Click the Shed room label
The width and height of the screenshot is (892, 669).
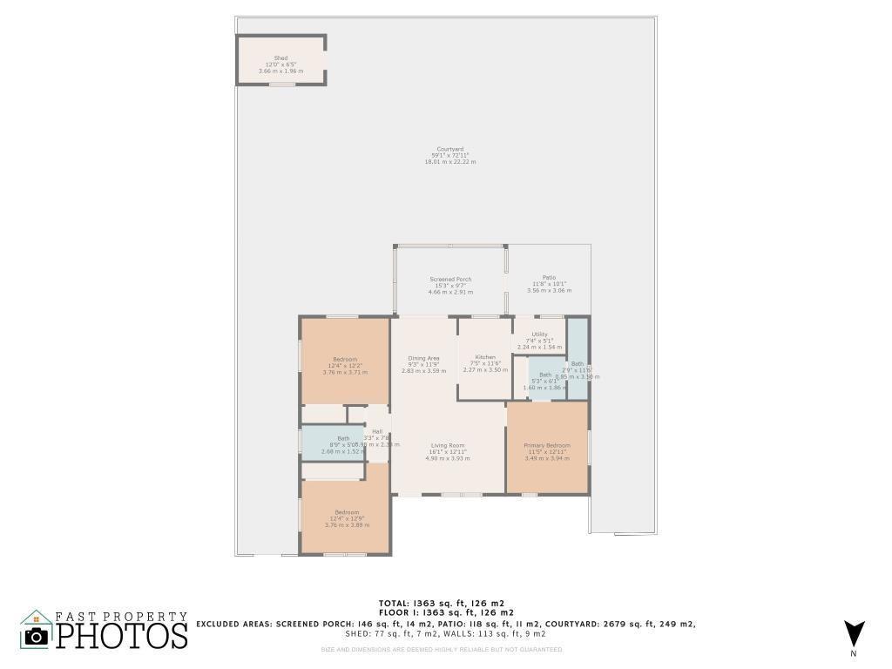click(x=280, y=58)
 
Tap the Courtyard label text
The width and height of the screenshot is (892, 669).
click(x=449, y=149)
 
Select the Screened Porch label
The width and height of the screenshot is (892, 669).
click(x=450, y=280)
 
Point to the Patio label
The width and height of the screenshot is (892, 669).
click(x=549, y=277)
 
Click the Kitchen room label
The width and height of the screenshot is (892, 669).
click(x=485, y=357)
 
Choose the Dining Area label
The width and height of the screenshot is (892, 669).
click(x=423, y=358)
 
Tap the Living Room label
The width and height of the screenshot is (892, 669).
click(x=448, y=445)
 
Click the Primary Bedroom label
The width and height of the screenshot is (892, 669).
click(x=546, y=445)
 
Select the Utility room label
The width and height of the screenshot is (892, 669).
click(x=540, y=334)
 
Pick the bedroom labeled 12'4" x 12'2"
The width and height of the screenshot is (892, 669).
click(x=344, y=359)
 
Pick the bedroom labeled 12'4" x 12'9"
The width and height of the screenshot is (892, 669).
click(x=346, y=512)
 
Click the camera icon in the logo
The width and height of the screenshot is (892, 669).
click(x=36, y=636)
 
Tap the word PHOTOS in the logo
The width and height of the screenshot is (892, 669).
click(x=122, y=636)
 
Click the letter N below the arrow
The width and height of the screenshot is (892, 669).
click(x=854, y=653)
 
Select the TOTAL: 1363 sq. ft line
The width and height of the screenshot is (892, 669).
click(x=441, y=603)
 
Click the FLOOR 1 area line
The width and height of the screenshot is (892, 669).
click(x=441, y=613)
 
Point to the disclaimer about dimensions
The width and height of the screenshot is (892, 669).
click(x=441, y=649)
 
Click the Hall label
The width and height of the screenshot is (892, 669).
click(x=377, y=431)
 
